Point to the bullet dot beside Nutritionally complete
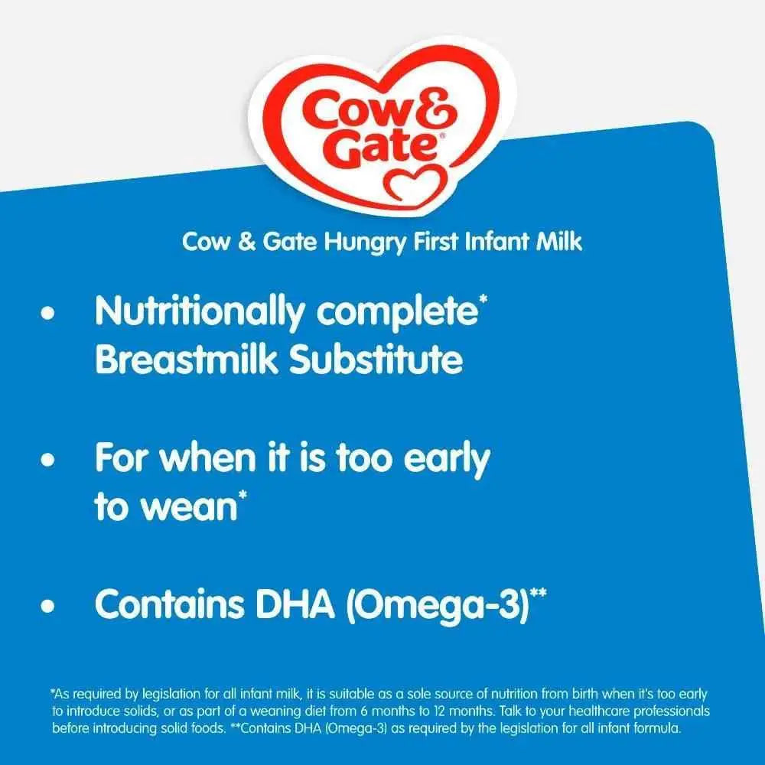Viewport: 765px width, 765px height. (x=51, y=314)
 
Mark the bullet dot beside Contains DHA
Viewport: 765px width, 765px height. (x=51, y=607)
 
